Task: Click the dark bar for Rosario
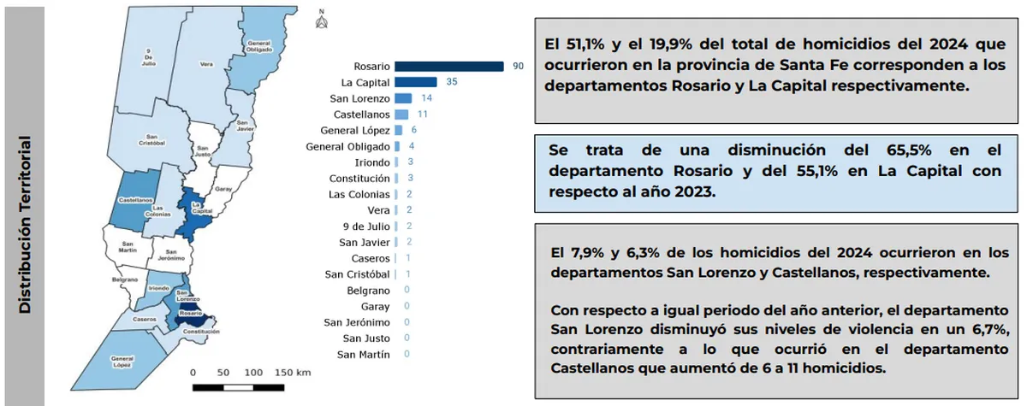tap(449, 67)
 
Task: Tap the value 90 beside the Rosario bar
tap(518, 67)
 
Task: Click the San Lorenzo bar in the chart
tap(403, 98)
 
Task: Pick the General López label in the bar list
tap(355, 131)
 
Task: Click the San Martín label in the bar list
tap(364, 354)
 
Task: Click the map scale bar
tap(239, 387)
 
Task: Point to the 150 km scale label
tap(293, 373)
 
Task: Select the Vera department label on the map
tap(206, 64)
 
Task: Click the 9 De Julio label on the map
tap(151, 57)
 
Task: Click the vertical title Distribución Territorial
tap(25, 224)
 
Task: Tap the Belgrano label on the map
tap(125, 279)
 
